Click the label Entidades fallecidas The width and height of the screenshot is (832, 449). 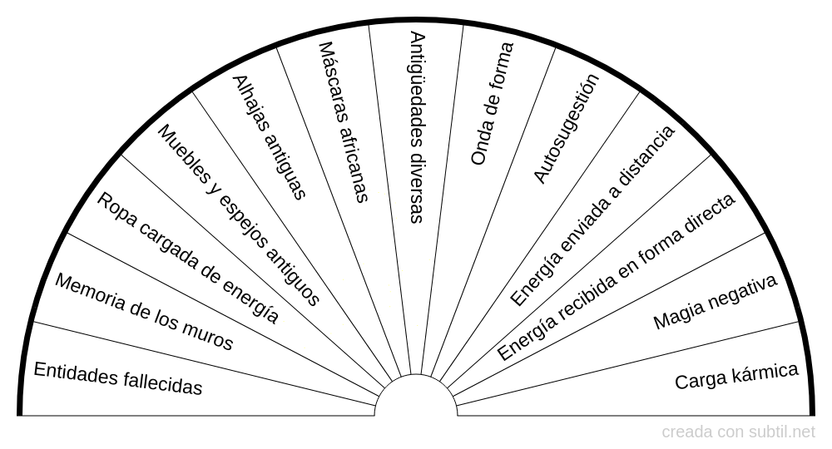(x=117, y=379)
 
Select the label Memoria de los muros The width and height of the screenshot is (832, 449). (x=144, y=312)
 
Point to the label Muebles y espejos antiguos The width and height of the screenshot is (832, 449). (x=239, y=216)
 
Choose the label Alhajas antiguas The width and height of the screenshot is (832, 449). (x=270, y=138)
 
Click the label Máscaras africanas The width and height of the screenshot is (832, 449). (x=343, y=123)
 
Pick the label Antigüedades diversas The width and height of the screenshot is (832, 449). (x=417, y=127)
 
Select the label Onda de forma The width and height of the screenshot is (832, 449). (x=492, y=103)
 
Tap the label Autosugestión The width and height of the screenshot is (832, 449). (x=566, y=128)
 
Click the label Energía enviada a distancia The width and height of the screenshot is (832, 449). (x=592, y=216)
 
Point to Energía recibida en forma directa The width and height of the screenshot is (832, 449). (x=617, y=278)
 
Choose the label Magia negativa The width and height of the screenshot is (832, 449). (x=715, y=302)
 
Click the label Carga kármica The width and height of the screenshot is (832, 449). (x=736, y=377)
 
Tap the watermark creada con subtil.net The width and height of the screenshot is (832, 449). (x=739, y=432)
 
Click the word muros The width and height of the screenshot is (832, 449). (x=209, y=335)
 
